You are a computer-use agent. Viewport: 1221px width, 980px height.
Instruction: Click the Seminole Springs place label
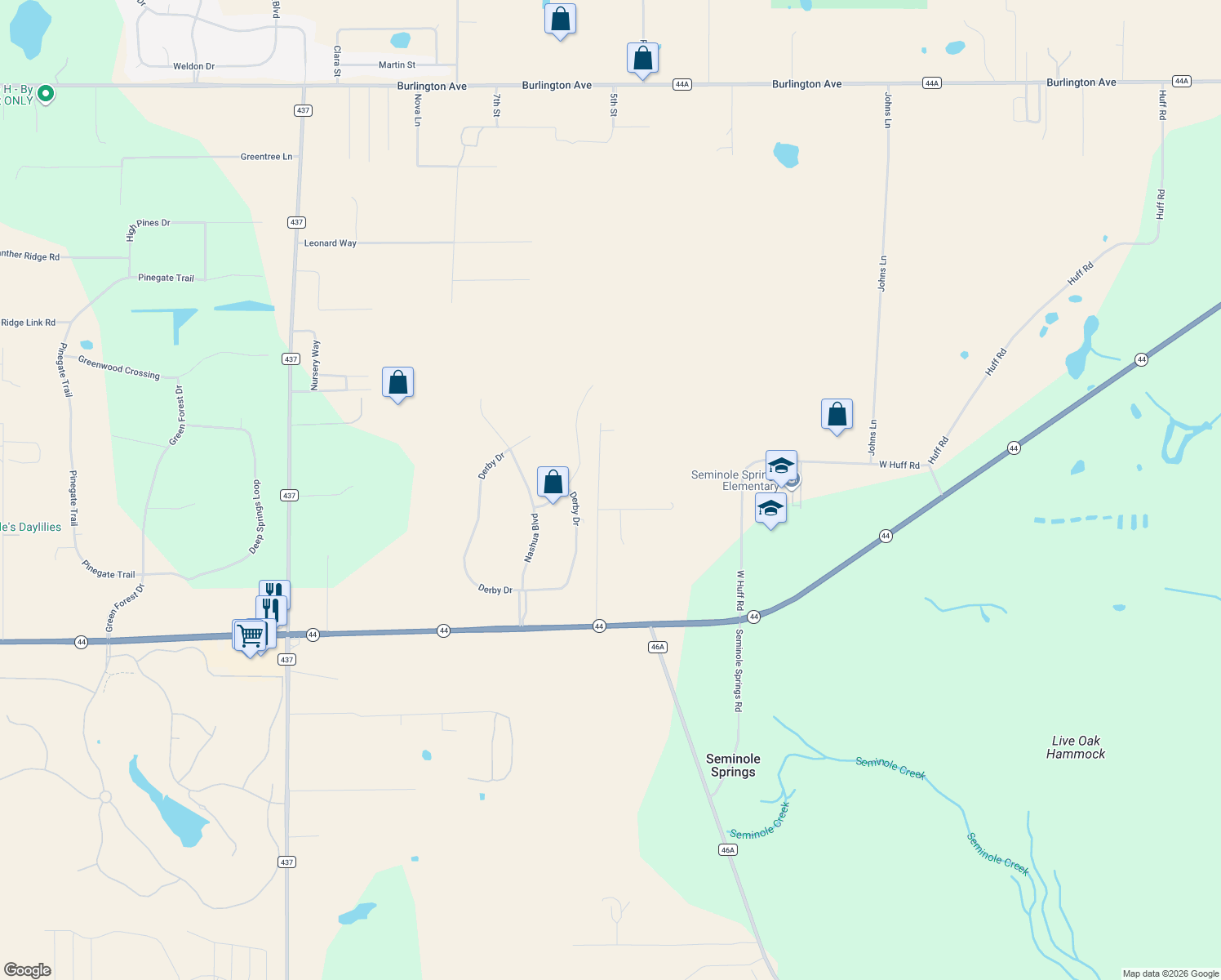coord(733,765)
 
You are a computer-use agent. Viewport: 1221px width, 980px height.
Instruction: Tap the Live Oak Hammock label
coord(1076,747)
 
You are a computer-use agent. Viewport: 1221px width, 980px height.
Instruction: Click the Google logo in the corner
coord(28,969)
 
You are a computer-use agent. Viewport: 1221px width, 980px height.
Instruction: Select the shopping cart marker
coord(251,635)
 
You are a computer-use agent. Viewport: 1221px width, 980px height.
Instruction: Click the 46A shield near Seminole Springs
coord(728,850)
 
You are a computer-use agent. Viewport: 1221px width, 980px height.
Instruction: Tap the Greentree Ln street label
coord(266,157)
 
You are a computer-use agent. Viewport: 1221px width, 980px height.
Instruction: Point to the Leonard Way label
coord(331,243)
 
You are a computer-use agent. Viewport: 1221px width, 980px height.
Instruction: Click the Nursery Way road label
coord(316,364)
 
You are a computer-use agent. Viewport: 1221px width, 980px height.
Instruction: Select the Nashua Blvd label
coord(531,537)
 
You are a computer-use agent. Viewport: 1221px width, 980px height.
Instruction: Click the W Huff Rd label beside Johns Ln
coord(899,465)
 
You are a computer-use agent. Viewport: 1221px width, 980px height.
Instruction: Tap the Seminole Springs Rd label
coord(739,670)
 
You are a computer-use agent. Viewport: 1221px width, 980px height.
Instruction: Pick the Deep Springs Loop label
coord(256,517)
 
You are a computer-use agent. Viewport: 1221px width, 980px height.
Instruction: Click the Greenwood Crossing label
coord(119,367)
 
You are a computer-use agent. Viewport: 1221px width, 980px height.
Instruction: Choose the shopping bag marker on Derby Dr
coord(553,482)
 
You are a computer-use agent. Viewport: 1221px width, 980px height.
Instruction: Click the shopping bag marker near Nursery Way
coord(397,381)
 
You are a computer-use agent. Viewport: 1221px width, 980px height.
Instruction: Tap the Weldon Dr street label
coord(193,66)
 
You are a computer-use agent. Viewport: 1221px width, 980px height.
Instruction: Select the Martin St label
coord(397,65)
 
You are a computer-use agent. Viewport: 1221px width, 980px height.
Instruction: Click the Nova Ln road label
coord(418,109)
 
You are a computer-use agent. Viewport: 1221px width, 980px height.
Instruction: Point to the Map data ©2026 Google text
coord(1170,973)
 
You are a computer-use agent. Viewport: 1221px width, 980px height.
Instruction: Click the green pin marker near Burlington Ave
coord(46,94)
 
